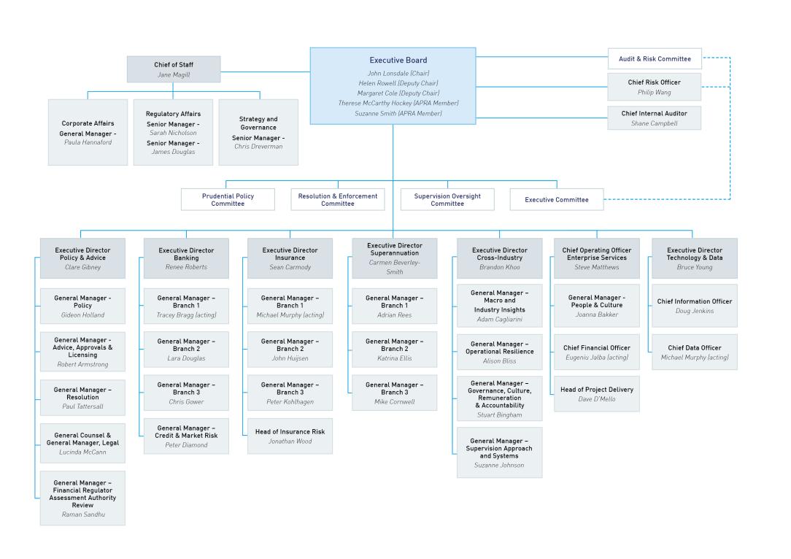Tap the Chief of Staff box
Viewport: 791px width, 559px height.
(x=174, y=69)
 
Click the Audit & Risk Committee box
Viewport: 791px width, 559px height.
(x=655, y=58)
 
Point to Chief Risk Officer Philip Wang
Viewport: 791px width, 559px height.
(x=655, y=87)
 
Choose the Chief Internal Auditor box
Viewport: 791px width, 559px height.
(x=655, y=118)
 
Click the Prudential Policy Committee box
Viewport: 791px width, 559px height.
(x=228, y=199)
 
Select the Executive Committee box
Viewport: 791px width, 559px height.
(x=556, y=199)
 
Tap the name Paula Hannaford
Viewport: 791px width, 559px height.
(x=88, y=142)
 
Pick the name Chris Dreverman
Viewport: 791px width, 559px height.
(x=258, y=147)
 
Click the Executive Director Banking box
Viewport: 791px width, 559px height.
(x=186, y=258)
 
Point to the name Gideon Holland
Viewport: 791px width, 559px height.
(x=82, y=315)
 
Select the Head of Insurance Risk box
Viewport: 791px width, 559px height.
(x=290, y=436)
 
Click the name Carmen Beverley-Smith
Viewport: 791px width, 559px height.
(x=395, y=267)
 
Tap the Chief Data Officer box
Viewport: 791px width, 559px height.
(x=694, y=352)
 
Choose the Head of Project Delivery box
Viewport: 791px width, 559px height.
(x=597, y=393)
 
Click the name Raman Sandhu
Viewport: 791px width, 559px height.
(x=82, y=514)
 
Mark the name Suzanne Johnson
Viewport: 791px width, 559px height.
(x=499, y=465)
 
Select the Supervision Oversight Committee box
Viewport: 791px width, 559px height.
(x=447, y=199)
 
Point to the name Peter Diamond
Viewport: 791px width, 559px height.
(x=186, y=445)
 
